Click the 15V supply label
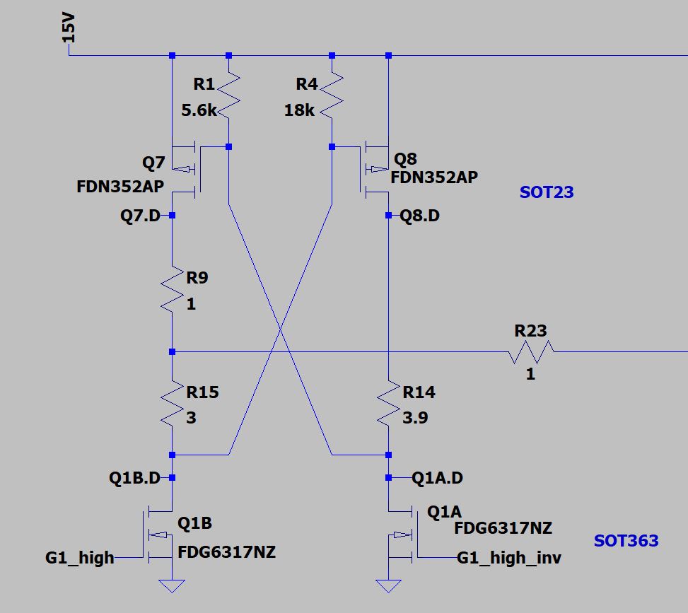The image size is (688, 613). [69, 30]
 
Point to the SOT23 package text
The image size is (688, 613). [547, 192]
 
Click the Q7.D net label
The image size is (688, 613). [141, 216]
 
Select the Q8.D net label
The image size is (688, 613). [420, 216]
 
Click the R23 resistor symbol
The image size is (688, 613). [531, 351]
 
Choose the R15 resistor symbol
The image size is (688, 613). [172, 404]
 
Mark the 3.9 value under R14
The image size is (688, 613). [415, 418]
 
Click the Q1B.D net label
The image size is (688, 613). [135, 478]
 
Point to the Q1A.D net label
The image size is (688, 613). [437, 479]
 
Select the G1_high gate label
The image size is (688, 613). [80, 558]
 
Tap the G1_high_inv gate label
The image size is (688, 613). [509, 558]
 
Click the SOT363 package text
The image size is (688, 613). [626, 541]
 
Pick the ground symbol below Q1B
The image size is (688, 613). [172, 585]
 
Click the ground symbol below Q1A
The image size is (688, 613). [388, 585]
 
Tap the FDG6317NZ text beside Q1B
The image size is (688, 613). [226, 552]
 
